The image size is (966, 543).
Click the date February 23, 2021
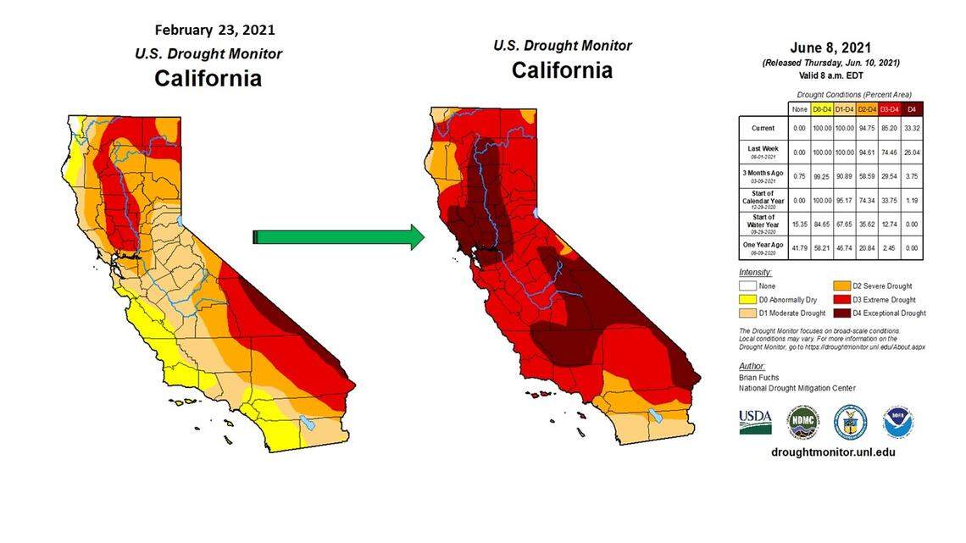(x=214, y=30)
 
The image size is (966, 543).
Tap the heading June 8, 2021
(x=830, y=47)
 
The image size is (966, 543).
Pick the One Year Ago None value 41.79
(x=797, y=247)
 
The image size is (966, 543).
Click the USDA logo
(x=755, y=421)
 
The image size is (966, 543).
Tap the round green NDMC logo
(x=802, y=422)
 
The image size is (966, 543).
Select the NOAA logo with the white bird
(x=897, y=422)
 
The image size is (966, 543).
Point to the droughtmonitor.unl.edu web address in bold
(x=833, y=452)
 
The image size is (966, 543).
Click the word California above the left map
(x=208, y=79)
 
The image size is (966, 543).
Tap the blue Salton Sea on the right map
(x=654, y=416)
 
